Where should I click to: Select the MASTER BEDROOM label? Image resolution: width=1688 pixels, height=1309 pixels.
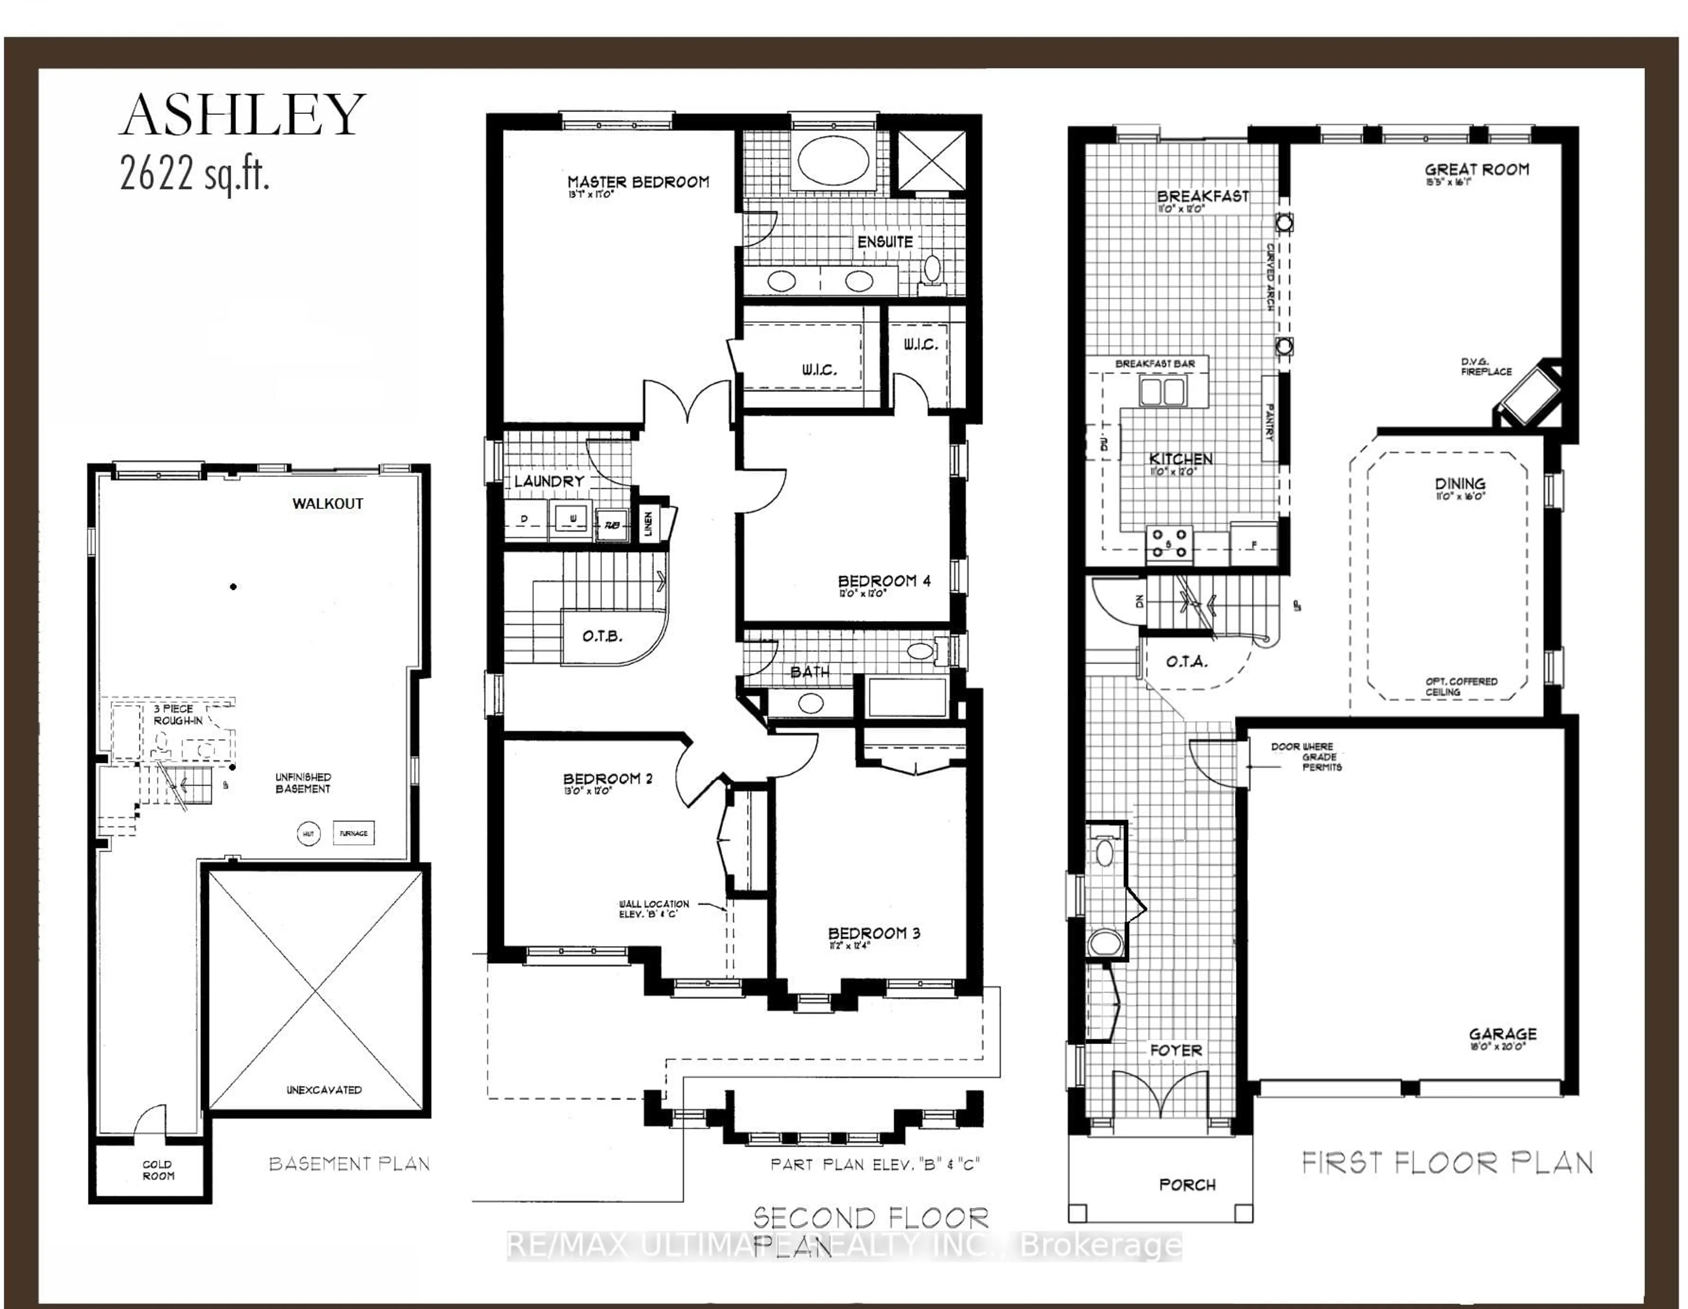click(x=638, y=182)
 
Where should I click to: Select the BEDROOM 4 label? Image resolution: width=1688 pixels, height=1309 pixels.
click(x=884, y=581)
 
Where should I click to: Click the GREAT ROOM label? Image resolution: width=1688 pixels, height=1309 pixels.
click(x=1476, y=169)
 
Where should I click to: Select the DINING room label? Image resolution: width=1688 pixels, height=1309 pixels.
click(x=1459, y=485)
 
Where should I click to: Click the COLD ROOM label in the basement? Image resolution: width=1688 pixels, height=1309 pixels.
click(x=158, y=1170)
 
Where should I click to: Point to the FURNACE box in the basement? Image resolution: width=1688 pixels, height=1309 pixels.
click(x=353, y=833)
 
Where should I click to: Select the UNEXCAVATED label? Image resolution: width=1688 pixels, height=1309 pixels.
click(x=324, y=1090)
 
